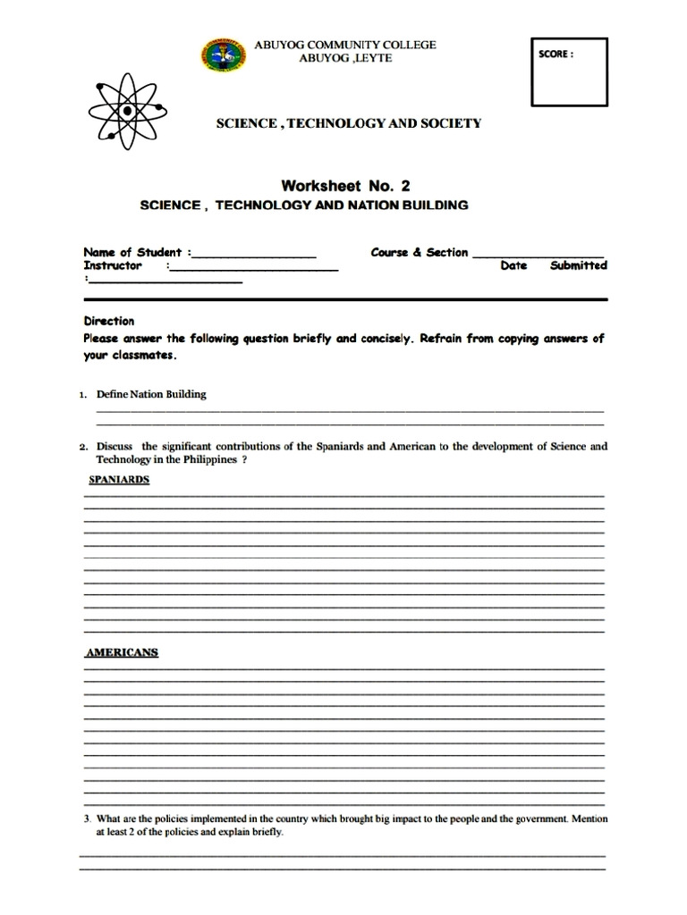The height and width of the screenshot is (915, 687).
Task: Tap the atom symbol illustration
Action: (127, 111)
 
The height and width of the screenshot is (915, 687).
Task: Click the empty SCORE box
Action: (569, 73)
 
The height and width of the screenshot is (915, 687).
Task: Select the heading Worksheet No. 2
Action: (345, 186)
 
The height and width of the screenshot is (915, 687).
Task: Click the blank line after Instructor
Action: (253, 266)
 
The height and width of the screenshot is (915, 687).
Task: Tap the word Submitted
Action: (578, 265)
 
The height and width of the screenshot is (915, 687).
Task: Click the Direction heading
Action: (108, 321)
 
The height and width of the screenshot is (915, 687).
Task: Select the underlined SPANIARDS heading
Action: (119, 480)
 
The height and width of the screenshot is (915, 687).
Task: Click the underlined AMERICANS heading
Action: (122, 652)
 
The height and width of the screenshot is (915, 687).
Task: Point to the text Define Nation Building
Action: (151, 394)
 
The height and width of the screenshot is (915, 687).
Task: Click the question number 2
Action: (82, 447)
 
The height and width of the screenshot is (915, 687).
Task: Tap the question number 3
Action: (88, 818)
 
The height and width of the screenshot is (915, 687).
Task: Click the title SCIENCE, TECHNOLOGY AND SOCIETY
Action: (349, 123)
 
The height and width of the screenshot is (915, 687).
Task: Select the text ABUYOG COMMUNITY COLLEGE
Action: (345, 45)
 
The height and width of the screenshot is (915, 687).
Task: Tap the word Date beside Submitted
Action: (513, 265)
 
